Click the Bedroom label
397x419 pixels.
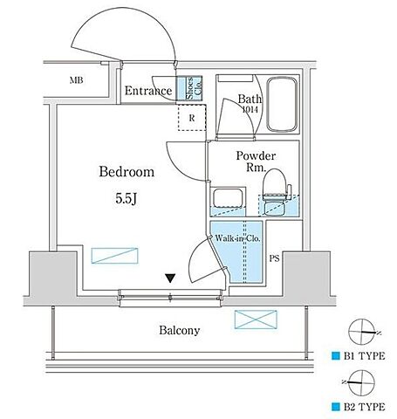(127, 172)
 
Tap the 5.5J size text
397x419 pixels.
(127, 199)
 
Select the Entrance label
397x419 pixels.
(148, 91)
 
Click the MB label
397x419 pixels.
(77, 80)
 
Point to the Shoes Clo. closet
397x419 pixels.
(189, 88)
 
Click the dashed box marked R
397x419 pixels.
(192, 118)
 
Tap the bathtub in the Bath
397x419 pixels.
(282, 104)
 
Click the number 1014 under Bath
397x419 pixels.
(250, 110)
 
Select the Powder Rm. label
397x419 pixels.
(256, 161)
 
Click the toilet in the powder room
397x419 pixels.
(276, 191)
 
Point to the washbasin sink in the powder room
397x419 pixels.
(228, 198)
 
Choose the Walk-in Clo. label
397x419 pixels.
(237, 238)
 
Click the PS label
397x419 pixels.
(274, 258)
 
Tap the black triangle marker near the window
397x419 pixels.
(170, 278)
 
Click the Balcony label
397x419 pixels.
(180, 331)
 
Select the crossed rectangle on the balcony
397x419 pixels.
(256, 319)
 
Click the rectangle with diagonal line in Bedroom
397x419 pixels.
(114, 256)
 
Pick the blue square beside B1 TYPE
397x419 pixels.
(336, 355)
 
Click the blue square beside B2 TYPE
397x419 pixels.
(336, 407)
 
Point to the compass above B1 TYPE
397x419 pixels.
(362, 332)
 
